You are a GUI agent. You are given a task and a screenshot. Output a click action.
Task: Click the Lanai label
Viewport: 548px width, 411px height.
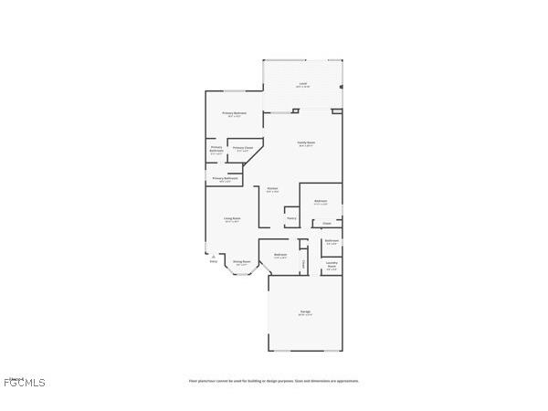coord(302,84)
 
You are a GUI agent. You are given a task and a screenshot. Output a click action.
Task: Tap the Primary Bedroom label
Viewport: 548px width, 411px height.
coord(234,113)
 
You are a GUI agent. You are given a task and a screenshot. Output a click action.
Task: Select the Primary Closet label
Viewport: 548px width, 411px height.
coord(242,148)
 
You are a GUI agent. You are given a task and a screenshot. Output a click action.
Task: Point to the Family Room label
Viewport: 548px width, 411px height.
coord(305,142)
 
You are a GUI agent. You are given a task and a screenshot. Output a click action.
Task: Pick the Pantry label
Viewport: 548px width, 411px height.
coord(291,218)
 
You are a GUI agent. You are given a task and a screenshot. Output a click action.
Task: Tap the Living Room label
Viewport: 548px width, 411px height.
coord(232,218)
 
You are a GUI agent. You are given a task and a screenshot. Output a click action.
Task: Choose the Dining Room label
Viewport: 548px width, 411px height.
coord(241,261)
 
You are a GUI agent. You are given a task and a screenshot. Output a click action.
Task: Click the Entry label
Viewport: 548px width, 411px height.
coord(213,261)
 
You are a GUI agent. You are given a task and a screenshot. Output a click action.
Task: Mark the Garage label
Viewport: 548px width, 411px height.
coord(304,311)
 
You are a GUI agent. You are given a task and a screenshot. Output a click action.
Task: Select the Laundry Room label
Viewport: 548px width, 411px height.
coord(332,265)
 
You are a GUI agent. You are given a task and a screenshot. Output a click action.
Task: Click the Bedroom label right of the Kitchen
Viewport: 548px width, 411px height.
coord(321,201)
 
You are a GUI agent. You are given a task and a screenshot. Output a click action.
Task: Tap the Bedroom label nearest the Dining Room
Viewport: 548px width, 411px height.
coord(280,254)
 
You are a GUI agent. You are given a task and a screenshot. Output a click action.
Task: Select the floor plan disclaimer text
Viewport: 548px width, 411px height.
coord(273,381)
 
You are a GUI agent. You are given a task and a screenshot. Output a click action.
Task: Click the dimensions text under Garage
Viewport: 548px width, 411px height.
coord(304,315)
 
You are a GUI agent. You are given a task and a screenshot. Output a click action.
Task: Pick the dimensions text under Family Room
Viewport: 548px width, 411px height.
coord(305,146)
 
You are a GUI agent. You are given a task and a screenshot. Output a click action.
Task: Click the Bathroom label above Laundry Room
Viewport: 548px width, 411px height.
coord(332,241)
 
